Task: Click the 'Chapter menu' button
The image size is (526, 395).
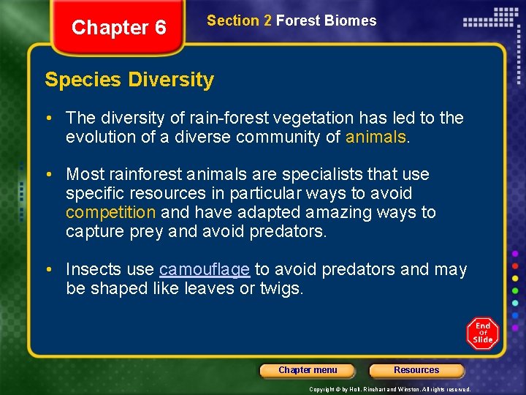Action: (308, 370)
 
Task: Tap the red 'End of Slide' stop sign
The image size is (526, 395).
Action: (483, 333)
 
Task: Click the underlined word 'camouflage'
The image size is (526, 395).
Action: (205, 269)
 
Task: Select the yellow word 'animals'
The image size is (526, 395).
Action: (375, 137)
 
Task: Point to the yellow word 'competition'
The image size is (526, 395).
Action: (110, 212)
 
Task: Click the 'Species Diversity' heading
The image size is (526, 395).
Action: (129, 79)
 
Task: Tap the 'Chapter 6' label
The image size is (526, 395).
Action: (119, 28)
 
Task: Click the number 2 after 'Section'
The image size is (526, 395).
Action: (267, 20)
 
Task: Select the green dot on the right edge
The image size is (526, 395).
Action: (515, 290)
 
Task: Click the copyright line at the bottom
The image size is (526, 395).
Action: (389, 389)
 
